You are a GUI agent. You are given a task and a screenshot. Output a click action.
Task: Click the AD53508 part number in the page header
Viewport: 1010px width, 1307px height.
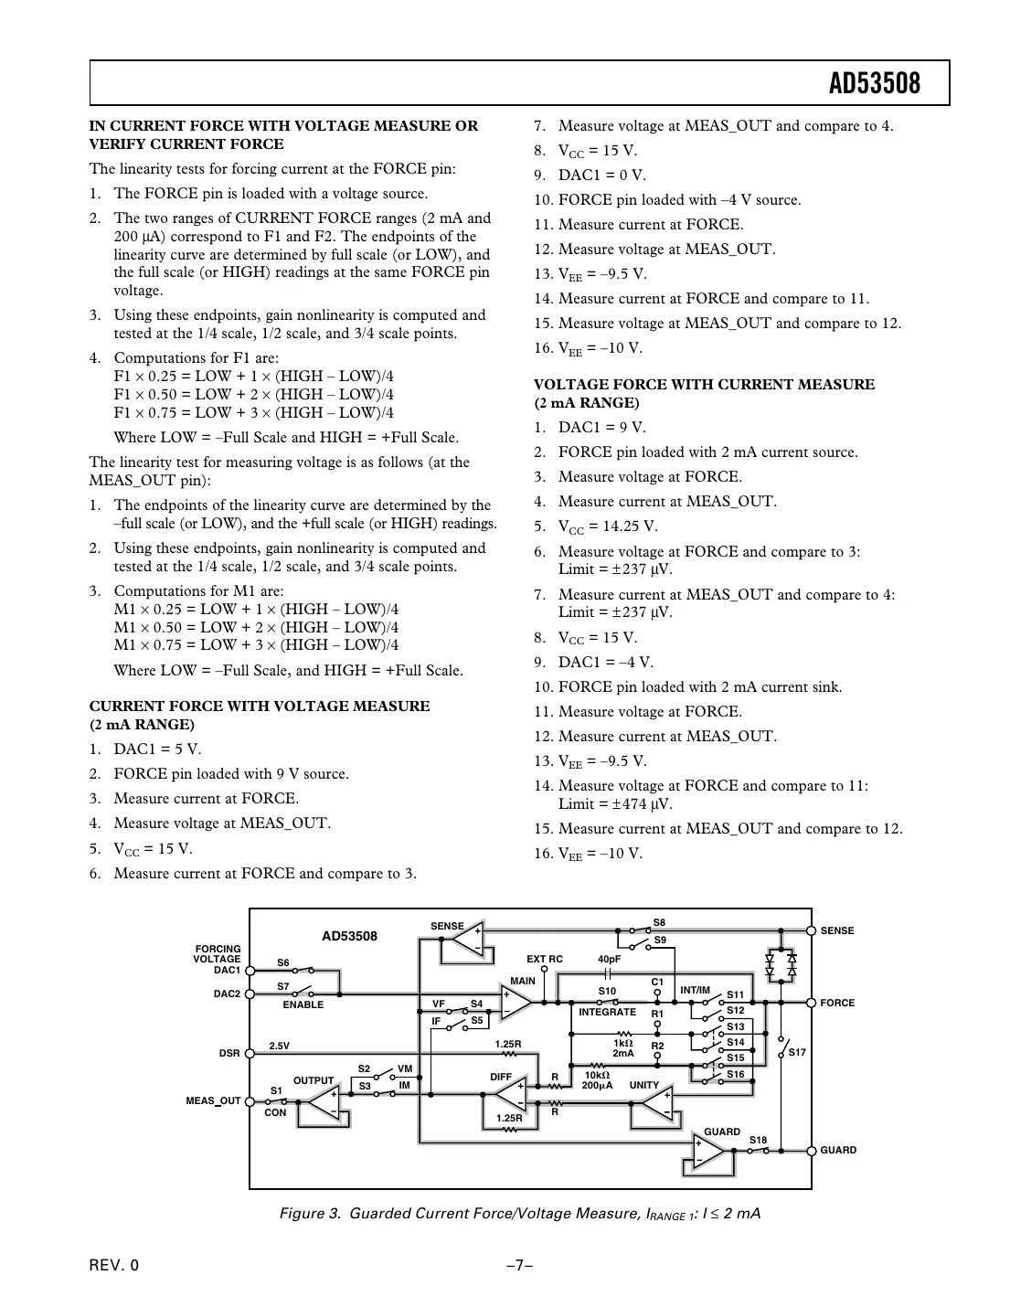874,84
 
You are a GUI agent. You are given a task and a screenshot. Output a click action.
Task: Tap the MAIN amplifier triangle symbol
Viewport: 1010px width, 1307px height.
515,1002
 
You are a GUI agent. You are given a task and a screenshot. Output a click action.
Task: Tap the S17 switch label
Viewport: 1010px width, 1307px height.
797,1052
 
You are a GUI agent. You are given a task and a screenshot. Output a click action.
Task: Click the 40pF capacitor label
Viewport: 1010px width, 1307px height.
609,959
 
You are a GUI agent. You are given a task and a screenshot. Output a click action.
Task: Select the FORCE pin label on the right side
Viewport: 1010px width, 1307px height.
837,1003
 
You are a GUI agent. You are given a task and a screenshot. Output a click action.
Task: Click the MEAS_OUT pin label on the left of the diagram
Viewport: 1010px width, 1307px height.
213,1100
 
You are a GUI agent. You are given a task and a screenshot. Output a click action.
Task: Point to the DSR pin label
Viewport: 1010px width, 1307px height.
229,1053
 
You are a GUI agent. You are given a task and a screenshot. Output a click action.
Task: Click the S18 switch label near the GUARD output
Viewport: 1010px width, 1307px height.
758,1140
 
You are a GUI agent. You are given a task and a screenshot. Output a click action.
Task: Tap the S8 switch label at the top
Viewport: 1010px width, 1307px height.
659,922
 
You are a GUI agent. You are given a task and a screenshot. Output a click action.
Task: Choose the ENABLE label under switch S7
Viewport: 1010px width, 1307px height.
303,1004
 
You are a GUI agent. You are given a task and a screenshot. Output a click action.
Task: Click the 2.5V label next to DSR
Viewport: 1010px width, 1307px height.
279,1046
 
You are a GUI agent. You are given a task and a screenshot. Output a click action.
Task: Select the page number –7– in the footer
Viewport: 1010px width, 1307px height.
519,1266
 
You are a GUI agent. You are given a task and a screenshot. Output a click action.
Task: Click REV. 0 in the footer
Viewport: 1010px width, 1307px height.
114,1266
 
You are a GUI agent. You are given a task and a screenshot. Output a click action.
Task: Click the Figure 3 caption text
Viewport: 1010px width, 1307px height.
519,1214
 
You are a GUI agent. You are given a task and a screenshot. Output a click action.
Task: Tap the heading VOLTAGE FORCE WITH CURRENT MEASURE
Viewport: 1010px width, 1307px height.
704,385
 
